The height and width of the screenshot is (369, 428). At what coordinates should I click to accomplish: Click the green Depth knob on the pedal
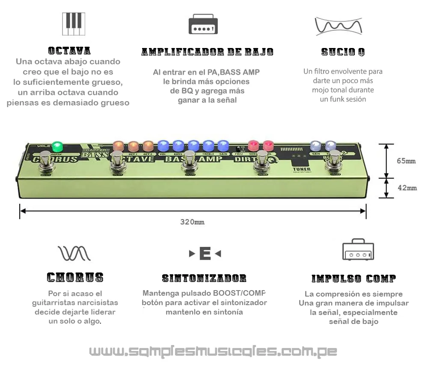57,147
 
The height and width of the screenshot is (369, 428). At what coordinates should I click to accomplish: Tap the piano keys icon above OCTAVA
74,24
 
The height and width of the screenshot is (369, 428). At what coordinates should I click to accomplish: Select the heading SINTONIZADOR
204,279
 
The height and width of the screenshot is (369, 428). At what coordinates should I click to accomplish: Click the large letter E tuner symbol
205,254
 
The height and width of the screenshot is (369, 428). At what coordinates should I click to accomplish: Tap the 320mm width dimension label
192,222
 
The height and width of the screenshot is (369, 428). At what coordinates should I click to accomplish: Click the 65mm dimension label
406,161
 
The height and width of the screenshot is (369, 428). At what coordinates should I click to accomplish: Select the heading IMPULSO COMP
354,279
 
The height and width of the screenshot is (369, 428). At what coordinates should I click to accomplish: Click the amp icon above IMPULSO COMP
358,250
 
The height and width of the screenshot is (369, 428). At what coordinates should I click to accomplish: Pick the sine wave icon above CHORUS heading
74,253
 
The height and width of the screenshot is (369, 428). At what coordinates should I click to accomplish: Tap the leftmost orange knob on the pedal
118,146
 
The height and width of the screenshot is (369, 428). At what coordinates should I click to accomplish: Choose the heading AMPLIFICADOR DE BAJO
207,52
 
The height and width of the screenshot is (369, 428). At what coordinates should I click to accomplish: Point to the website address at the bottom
213,352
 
